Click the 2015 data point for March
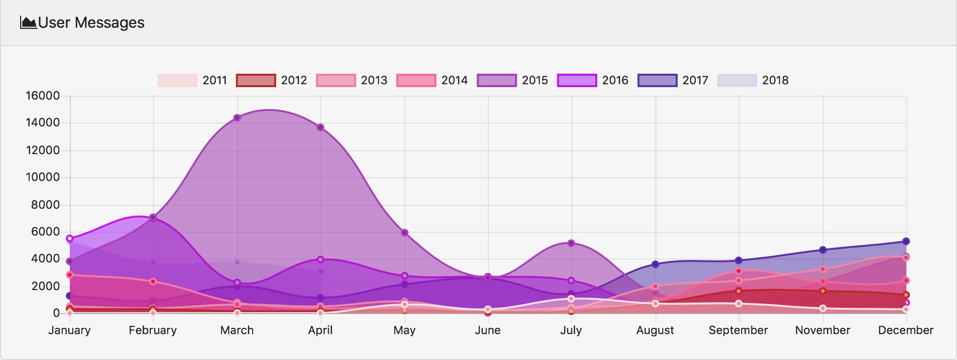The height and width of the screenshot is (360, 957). [237, 118]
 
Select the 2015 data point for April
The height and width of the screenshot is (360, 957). [321, 127]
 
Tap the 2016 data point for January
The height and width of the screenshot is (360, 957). [70, 238]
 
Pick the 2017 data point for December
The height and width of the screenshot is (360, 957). [906, 242]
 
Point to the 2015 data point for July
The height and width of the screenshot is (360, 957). [571, 243]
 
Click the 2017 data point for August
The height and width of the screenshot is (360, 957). [656, 264]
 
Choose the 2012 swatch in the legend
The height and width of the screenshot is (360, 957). [256, 80]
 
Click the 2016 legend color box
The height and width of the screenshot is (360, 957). [577, 80]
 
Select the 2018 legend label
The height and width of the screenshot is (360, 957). [775, 80]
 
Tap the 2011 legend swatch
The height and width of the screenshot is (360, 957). [178, 80]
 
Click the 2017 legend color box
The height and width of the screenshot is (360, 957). [657, 80]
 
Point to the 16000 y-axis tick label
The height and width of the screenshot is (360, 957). [43, 96]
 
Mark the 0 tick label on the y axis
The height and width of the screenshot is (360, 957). [56, 313]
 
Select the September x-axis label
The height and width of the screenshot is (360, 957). [738, 330]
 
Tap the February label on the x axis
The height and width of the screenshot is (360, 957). [153, 330]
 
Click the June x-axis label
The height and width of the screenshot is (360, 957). [488, 330]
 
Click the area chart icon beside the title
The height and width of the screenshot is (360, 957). [28, 22]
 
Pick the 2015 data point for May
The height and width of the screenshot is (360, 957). [405, 233]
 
